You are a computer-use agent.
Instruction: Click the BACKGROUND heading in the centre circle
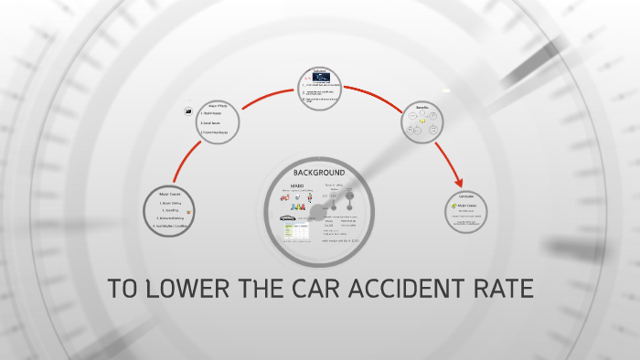[x=319, y=173]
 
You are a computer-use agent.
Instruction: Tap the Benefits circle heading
[x=421, y=107]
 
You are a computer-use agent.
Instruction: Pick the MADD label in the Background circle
[x=296, y=185]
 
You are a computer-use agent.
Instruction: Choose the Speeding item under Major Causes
[x=169, y=211]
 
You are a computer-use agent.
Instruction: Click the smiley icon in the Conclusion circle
[x=454, y=206]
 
